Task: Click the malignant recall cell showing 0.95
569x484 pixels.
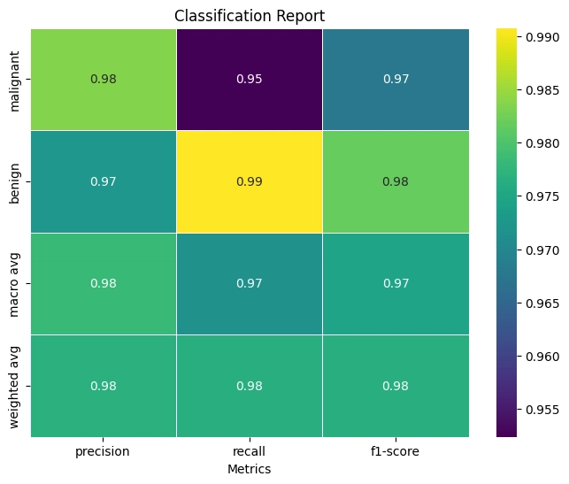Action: coord(250,79)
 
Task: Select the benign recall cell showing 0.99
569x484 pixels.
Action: coord(250,181)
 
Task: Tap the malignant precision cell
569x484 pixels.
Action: coord(104,79)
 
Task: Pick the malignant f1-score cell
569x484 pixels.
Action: coord(396,79)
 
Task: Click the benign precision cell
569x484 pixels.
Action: coord(104,181)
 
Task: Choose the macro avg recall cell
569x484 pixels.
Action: coord(250,283)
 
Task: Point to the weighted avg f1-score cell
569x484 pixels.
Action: coord(396,386)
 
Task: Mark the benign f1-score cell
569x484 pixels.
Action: coord(396,181)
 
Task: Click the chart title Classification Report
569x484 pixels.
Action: coord(250,16)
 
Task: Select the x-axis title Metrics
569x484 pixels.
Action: coord(250,468)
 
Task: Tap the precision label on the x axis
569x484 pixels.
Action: coord(104,451)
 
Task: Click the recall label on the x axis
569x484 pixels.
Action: coord(250,451)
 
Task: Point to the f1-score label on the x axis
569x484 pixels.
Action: coord(396,451)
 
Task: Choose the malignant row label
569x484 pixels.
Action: coord(17,80)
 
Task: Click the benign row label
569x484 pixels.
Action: coord(17,181)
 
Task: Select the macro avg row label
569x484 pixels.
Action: coord(17,283)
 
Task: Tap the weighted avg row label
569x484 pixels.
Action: coord(17,386)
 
